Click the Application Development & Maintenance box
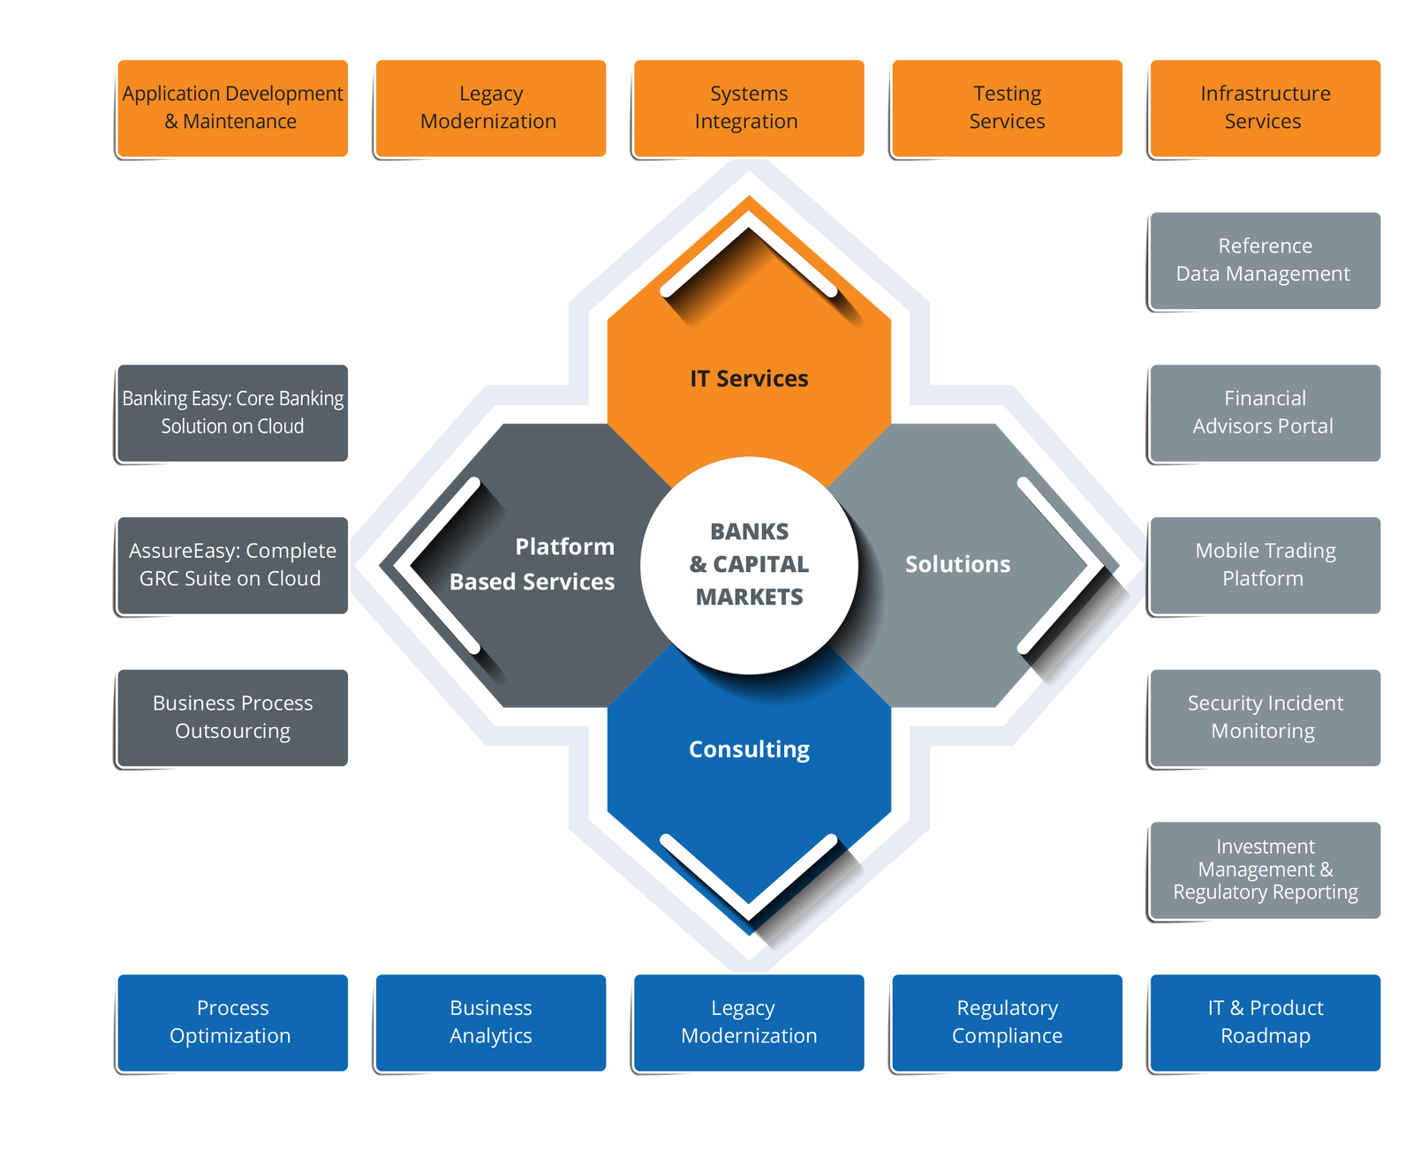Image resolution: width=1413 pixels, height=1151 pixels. [233, 108]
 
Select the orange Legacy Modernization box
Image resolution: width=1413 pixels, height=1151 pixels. [491, 108]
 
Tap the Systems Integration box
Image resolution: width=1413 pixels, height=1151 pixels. [749, 108]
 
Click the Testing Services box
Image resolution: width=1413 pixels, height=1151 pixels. [1007, 108]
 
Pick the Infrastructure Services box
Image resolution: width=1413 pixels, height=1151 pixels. [1265, 108]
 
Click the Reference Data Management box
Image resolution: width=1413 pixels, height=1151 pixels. [1265, 260]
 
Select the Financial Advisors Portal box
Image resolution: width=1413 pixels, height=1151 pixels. [1265, 412]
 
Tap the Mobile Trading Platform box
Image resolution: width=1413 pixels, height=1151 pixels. [1265, 565]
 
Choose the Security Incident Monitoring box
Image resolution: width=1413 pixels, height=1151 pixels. [1265, 718]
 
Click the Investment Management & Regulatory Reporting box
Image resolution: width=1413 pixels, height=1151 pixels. [1265, 870]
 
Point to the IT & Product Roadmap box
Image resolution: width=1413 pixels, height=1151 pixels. [1265, 1022]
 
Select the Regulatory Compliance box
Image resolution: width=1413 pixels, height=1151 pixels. [1007, 1022]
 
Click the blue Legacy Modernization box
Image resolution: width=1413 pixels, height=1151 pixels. [749, 1022]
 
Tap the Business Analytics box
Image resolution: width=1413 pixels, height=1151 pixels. [491, 1022]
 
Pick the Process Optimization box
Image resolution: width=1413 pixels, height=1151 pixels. [233, 1022]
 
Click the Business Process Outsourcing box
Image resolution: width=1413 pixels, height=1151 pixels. [233, 718]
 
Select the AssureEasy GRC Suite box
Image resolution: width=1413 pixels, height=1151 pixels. [233, 565]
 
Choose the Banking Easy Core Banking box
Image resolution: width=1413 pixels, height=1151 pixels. [233, 412]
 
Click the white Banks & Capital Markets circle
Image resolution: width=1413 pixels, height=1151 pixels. [749, 565]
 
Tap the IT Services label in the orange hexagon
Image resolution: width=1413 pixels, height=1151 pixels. [749, 379]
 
